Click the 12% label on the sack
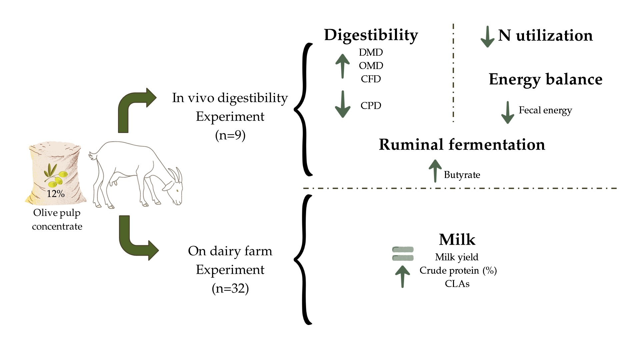55,193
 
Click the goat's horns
176,174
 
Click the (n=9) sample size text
230,135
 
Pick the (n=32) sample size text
230,288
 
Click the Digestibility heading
371,35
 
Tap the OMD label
371,66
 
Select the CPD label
371,106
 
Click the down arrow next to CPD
343,104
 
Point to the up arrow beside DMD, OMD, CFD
343,66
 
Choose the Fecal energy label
545,110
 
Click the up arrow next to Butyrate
435,171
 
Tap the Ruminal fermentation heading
462,145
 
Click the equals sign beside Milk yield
403,254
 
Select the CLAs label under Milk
457,284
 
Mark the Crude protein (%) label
458,270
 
